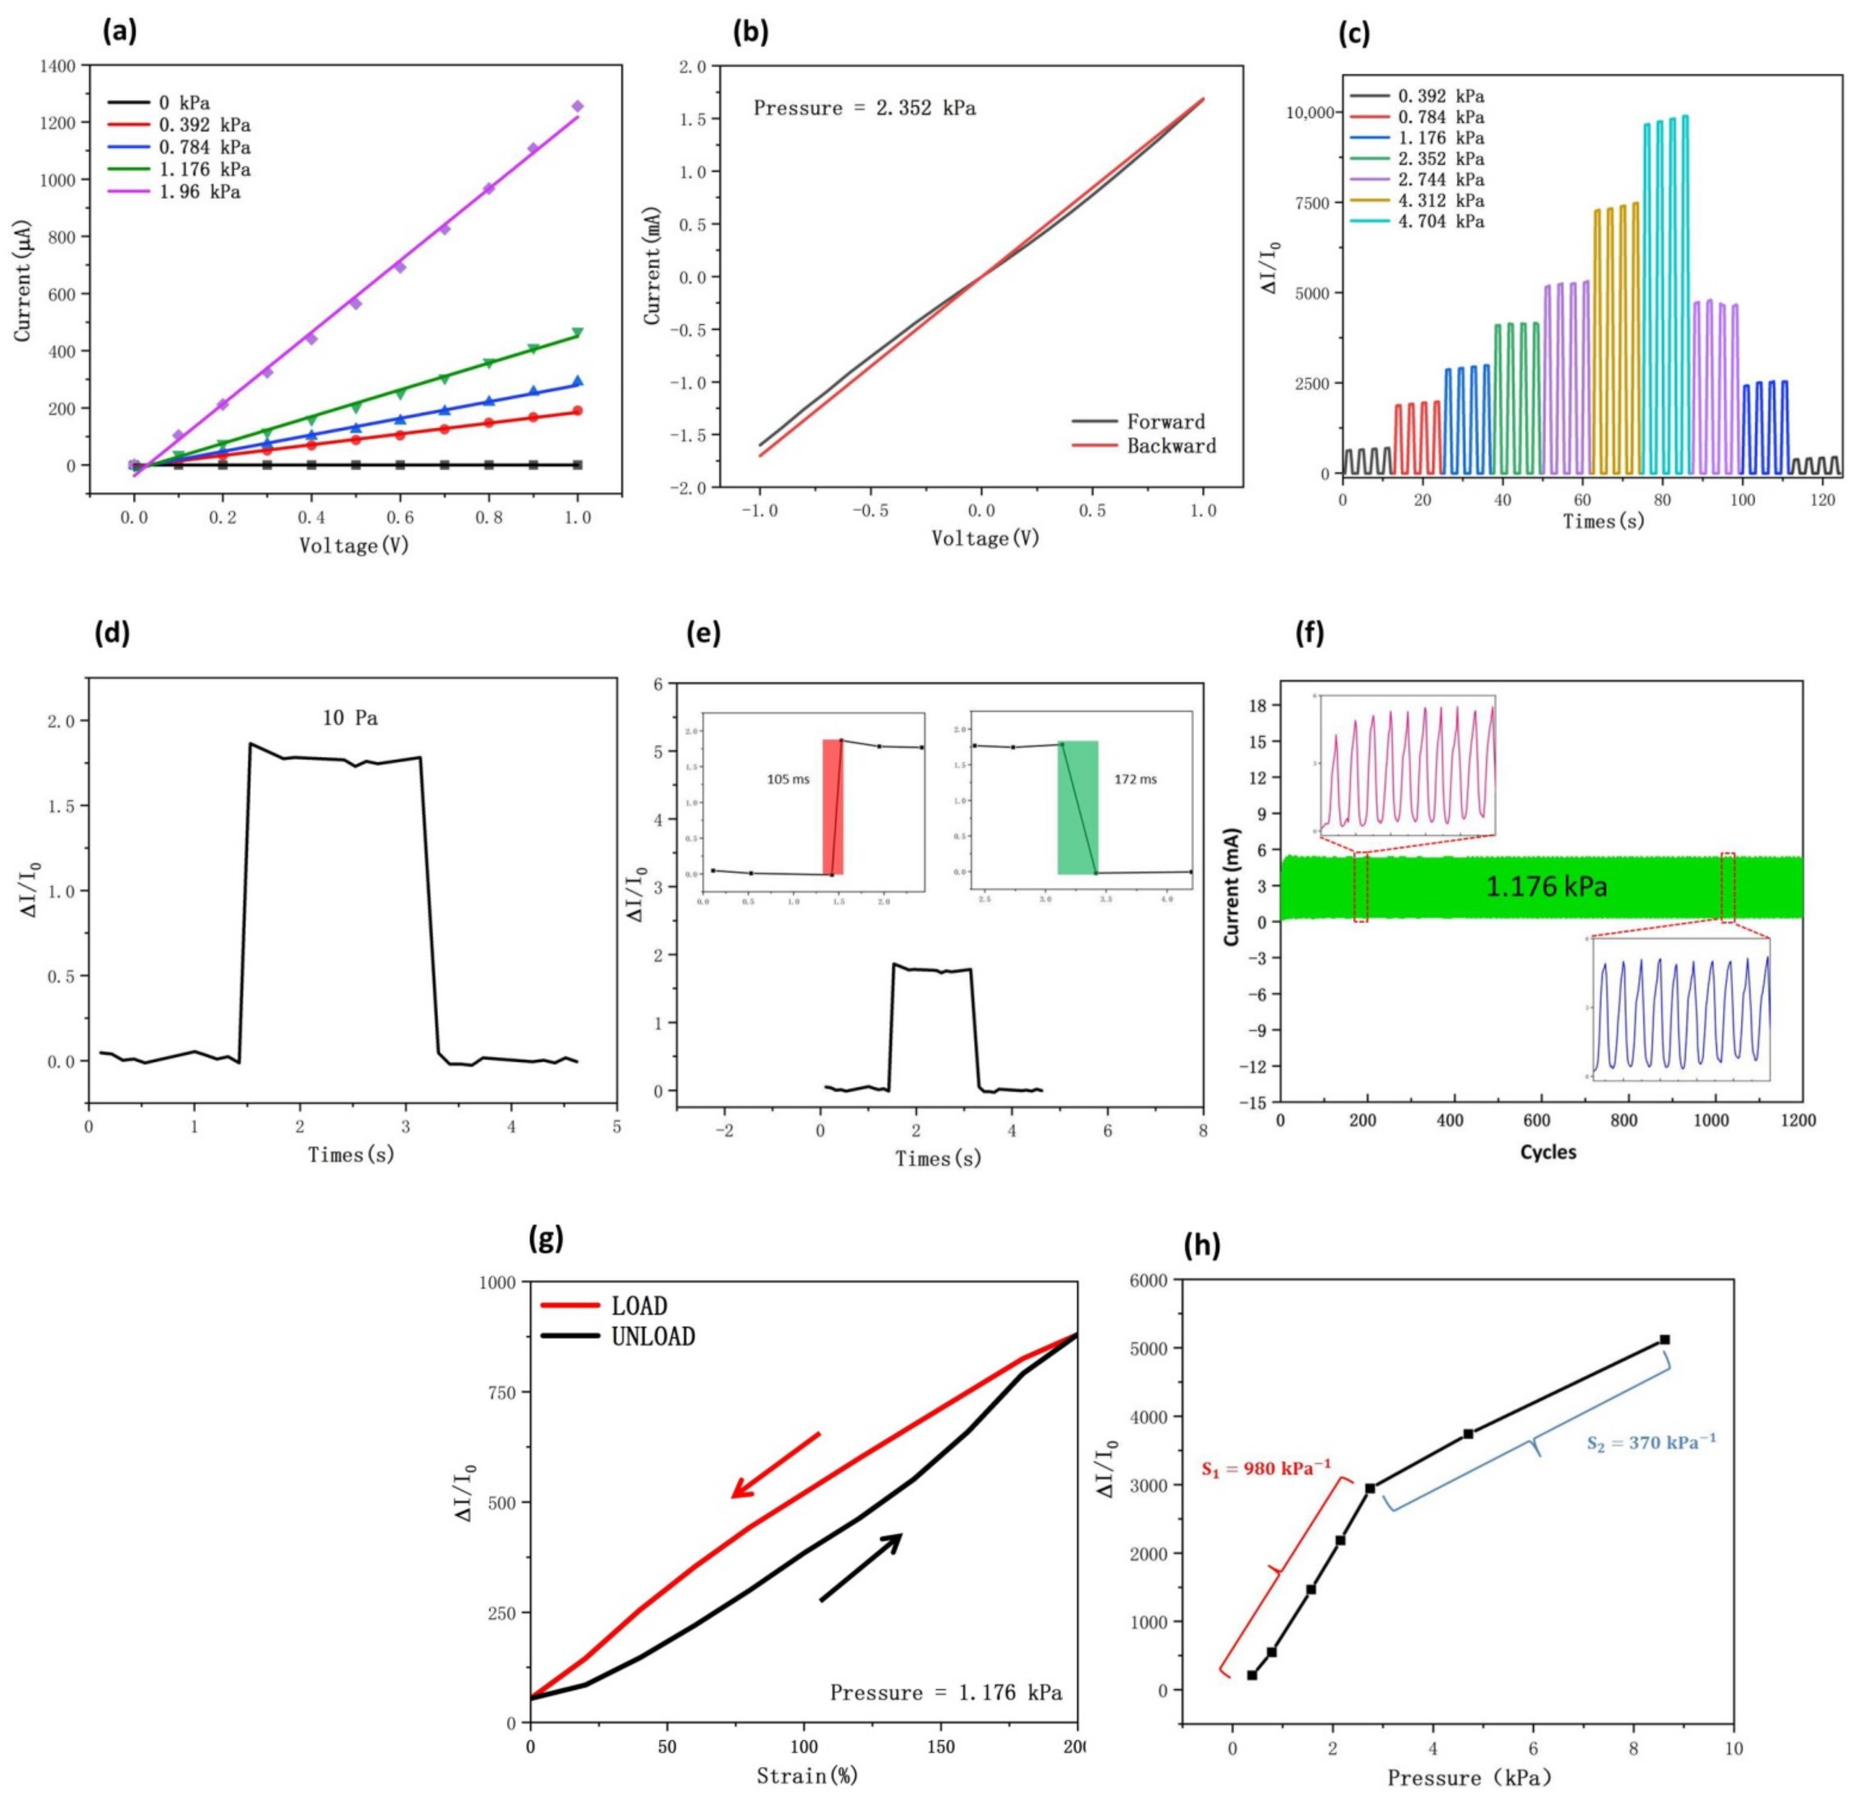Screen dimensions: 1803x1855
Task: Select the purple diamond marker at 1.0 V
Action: (577, 106)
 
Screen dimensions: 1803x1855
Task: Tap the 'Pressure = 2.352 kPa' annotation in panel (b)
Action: (864, 108)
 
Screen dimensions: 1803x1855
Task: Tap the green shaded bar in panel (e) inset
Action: (1077, 807)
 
